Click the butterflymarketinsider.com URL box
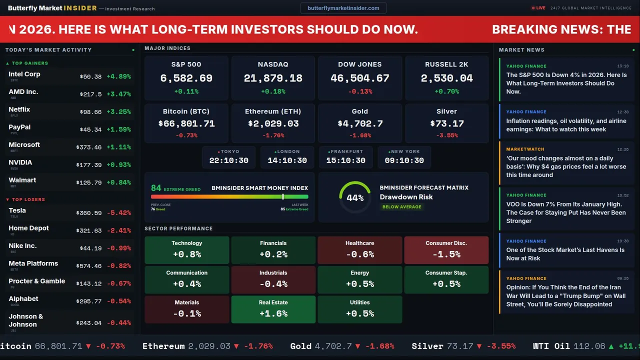point(343,8)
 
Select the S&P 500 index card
point(186,78)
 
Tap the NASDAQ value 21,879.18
point(273,78)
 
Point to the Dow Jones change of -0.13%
point(360,91)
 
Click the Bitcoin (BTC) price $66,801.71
point(186,123)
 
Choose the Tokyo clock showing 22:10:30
point(228,160)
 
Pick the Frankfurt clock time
point(345,160)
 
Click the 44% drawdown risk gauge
point(355,197)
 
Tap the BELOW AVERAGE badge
point(401,206)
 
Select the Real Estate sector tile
point(273,309)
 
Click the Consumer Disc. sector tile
point(446,250)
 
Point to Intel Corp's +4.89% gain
point(118,76)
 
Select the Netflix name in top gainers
point(19,109)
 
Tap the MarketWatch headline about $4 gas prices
point(566,166)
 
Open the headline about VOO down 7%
point(566,212)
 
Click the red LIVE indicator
point(538,8)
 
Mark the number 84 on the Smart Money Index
point(156,188)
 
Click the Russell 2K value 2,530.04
point(446,78)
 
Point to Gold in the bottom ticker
point(301,346)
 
